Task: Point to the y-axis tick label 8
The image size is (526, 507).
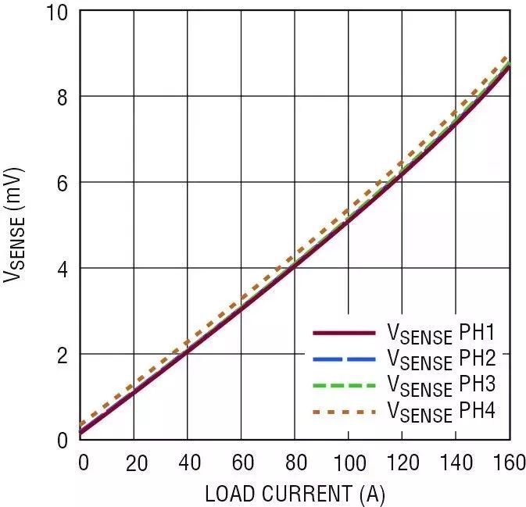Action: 63,97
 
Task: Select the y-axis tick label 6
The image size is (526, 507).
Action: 63,183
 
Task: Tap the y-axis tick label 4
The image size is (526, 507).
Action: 63,269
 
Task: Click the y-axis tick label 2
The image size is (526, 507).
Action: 63,355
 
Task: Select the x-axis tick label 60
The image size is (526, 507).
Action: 242,462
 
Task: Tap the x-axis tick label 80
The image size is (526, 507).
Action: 295,462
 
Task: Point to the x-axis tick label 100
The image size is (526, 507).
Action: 347,462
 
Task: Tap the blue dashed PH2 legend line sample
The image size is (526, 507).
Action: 344,359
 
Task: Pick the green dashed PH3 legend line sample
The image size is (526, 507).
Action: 344,385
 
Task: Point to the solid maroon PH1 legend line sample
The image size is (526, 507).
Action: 344,334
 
